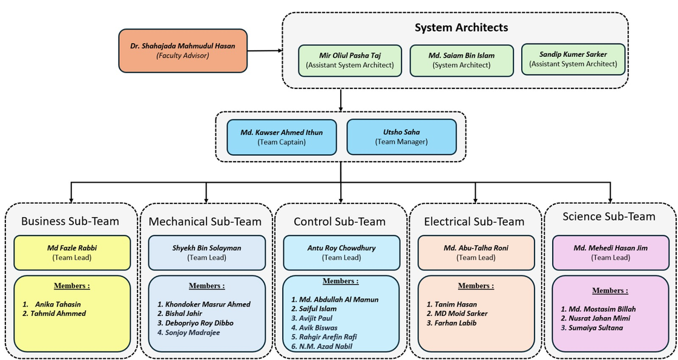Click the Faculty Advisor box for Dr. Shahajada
183,51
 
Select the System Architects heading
461,27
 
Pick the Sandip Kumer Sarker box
573,59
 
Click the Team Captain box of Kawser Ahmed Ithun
281,137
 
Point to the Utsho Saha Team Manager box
401,137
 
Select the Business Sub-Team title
70,221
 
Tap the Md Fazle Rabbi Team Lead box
72,252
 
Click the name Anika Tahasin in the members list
58,304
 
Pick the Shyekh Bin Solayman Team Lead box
206,252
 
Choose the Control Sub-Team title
340,221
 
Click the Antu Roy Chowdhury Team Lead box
341,252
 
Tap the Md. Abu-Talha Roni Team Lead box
476,252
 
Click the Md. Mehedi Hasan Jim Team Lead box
610,252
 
